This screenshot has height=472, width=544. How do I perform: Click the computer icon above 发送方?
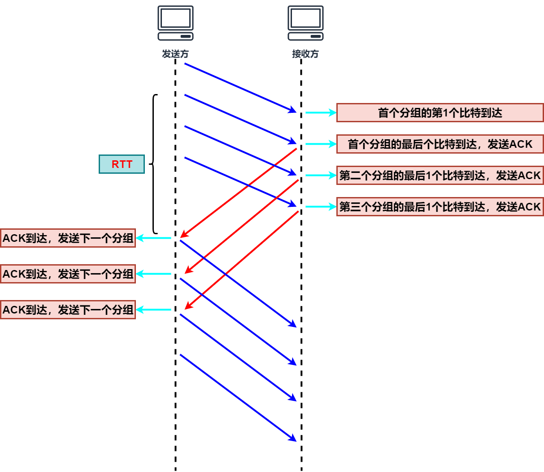pyautogui.click(x=175, y=23)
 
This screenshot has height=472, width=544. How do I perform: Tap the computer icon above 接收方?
pyautogui.click(x=305, y=23)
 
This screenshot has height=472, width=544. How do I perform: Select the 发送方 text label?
pyautogui.click(x=175, y=54)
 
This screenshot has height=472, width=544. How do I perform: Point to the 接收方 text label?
pyautogui.click(x=305, y=54)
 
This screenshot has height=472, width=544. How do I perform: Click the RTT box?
pyautogui.click(x=122, y=164)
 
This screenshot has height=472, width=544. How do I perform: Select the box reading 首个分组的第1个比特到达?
pyautogui.click(x=440, y=113)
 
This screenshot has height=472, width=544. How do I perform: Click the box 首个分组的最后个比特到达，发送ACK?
pyautogui.click(x=440, y=144)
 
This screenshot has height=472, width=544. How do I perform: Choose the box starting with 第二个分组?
pyautogui.click(x=440, y=176)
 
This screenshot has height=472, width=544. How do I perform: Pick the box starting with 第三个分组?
pyautogui.click(x=440, y=207)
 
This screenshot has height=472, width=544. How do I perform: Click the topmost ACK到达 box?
pyautogui.click(x=68, y=238)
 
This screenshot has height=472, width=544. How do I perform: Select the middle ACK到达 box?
pyautogui.click(x=68, y=274)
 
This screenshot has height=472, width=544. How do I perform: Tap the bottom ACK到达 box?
pyautogui.click(x=68, y=310)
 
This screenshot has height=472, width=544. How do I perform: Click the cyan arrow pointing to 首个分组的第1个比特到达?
pyautogui.click(x=321, y=112)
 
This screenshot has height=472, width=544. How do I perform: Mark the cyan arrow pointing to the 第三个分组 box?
pyautogui.click(x=321, y=206)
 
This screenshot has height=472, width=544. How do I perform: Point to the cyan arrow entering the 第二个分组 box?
pyautogui.click(x=321, y=175)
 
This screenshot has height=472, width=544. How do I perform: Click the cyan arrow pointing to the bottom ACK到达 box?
pyautogui.click(x=153, y=309)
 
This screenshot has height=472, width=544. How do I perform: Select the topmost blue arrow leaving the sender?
pyautogui.click(x=240, y=87)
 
